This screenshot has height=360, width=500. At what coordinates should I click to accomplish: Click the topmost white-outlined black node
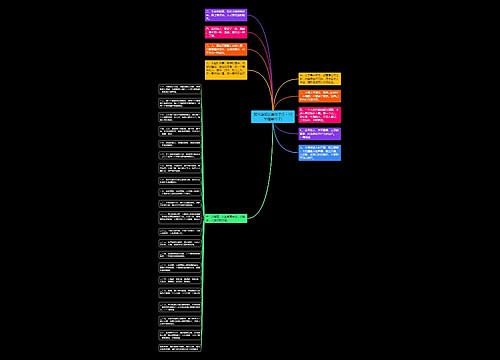(180, 91)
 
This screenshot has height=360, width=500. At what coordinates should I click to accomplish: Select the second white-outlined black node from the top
(180, 104)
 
